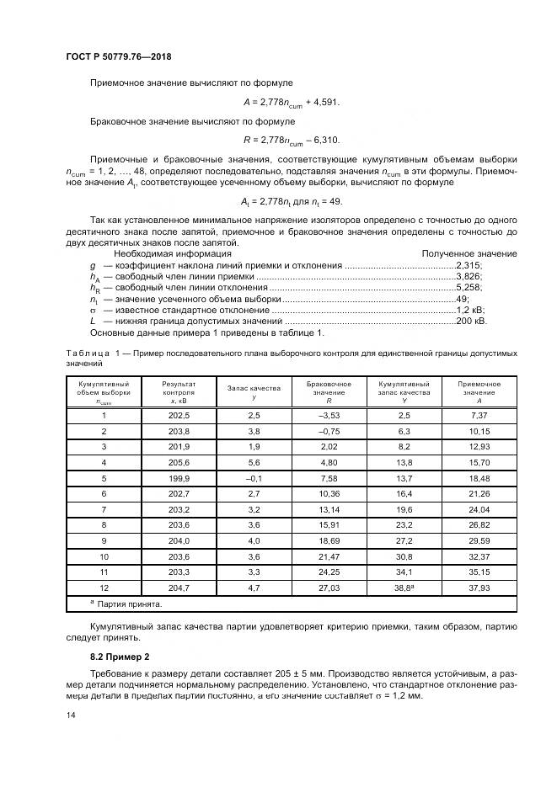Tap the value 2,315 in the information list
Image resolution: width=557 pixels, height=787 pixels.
[x=468, y=264]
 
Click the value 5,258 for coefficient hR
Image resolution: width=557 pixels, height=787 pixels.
[x=468, y=287]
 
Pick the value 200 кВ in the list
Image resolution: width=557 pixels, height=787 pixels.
[x=470, y=321]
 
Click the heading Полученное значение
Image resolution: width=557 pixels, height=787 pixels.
[x=469, y=253]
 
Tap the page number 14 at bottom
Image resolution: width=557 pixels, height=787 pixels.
[x=71, y=715]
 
